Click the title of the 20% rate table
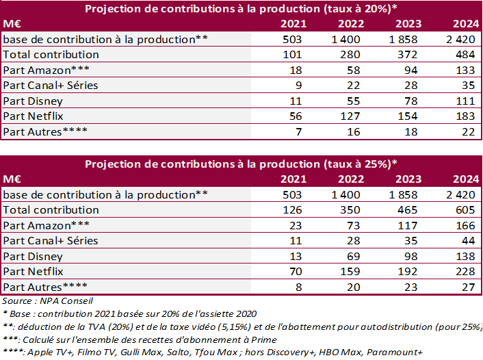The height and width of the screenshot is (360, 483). point(241,8)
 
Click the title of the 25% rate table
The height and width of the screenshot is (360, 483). point(241,164)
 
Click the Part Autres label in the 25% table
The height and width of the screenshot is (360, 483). point(40,287)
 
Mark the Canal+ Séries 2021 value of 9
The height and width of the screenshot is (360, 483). point(296,85)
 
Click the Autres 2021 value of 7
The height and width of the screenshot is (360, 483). point(296,131)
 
